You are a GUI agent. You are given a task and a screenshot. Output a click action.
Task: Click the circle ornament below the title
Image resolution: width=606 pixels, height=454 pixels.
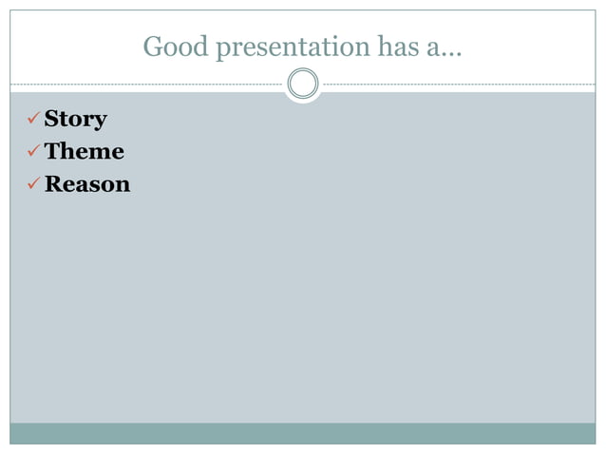[x=303, y=85]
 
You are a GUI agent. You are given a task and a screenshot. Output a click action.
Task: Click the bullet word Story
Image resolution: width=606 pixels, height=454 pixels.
[x=76, y=120]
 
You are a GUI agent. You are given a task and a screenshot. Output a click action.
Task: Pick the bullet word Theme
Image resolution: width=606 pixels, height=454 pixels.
[x=85, y=151]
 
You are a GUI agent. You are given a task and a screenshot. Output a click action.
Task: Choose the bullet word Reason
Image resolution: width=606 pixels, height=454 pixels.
[x=87, y=183]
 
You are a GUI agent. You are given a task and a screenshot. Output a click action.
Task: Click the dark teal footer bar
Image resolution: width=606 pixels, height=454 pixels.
[x=303, y=433]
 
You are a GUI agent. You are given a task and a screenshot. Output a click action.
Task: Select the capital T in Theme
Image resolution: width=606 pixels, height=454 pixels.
[x=53, y=151]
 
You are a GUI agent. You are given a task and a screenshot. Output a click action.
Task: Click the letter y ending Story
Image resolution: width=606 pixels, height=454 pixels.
[x=100, y=122]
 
